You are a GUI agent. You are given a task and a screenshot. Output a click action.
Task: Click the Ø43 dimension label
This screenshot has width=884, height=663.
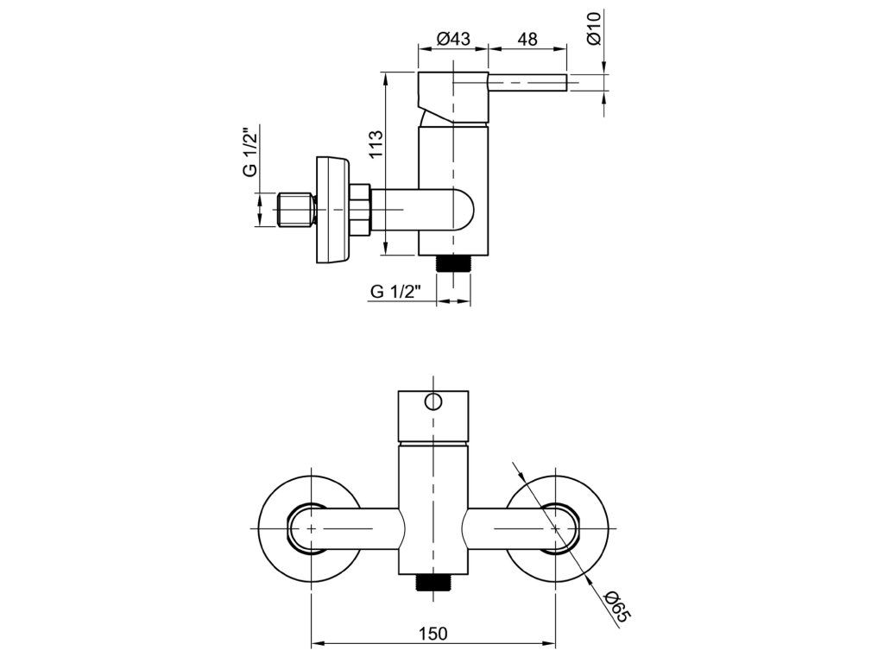click(452, 39)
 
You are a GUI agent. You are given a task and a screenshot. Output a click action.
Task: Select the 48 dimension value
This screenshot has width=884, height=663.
click(527, 39)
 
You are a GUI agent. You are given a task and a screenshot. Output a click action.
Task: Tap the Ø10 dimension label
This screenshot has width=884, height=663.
click(593, 29)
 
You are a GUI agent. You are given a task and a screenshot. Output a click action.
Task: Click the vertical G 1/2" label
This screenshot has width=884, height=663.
click(250, 151)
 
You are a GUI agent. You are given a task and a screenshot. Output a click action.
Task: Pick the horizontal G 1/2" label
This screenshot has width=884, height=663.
click(395, 292)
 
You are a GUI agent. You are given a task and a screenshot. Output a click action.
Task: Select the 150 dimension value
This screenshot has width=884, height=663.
click(434, 633)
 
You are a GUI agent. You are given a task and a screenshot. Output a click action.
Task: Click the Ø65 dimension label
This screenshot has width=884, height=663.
click(616, 604)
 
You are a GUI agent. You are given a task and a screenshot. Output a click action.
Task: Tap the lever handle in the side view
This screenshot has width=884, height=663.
click(528, 83)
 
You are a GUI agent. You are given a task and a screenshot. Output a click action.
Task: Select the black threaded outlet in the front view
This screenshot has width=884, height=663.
click(434, 584)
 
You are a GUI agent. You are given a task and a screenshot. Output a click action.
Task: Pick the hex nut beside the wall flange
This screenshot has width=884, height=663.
click(360, 210)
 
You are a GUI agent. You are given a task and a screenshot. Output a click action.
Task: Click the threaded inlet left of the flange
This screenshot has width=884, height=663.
click(295, 210)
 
